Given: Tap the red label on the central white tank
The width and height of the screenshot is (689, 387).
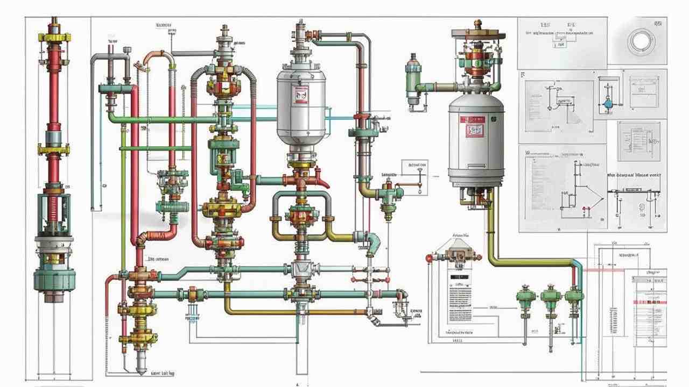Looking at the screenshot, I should (300, 96).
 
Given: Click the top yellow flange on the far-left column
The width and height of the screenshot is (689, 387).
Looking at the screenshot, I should (54, 38).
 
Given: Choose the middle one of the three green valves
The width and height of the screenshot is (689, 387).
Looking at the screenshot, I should (551, 296).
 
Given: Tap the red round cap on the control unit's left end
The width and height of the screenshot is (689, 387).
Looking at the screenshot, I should (429, 258).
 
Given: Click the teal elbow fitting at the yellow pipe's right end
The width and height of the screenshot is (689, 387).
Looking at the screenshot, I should (372, 241).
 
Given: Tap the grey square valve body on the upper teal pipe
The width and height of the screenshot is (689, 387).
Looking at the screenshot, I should (298, 269).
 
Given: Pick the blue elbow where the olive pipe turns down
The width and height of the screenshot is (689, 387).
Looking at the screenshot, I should (576, 263).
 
